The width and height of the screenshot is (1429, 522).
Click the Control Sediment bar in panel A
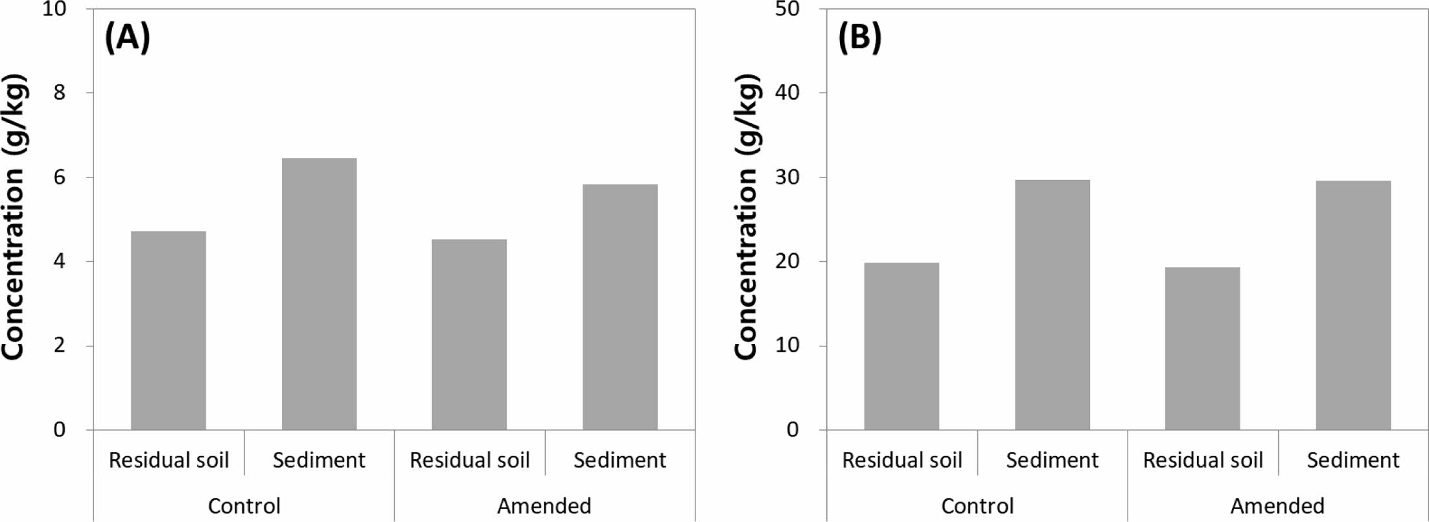tap(319, 295)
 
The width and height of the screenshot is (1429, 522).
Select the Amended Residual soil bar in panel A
tap(469, 335)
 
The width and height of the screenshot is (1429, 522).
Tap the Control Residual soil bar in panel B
tap(901, 346)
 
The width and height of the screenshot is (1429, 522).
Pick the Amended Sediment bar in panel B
tap(1353, 306)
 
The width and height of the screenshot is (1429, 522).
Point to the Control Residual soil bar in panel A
tap(168, 331)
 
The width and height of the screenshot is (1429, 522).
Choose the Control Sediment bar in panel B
tap(1052, 305)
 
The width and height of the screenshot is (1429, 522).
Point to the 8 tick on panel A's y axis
tap(60, 93)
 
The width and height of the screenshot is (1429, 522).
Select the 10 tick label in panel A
tap(54, 10)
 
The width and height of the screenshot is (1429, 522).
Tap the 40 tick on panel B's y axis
tap(787, 93)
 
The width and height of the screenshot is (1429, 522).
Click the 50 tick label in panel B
tap(787, 10)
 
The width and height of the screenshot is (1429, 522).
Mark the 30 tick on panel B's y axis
tap(787, 177)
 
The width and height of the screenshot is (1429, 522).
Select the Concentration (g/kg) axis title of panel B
tap(747, 218)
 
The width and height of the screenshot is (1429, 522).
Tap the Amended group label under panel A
tap(544, 506)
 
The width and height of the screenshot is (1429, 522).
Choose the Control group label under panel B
tap(977, 506)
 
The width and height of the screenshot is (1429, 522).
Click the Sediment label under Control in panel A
tap(319, 460)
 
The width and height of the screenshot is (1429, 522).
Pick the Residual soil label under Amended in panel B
tap(1203, 460)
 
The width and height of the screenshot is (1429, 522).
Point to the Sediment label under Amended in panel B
tap(1353, 460)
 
